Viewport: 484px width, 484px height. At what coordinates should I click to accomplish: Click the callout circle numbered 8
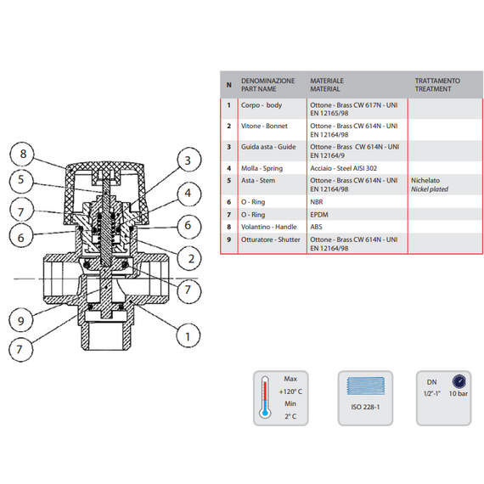click(x=23, y=154)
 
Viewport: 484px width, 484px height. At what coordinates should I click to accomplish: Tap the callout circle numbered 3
click(x=189, y=160)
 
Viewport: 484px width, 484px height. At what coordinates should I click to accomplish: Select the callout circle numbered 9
click(x=21, y=320)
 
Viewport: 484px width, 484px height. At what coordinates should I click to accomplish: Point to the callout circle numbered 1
click(x=188, y=336)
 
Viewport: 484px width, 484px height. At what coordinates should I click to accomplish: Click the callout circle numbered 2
click(x=189, y=259)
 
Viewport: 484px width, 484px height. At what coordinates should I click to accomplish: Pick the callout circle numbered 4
click(x=189, y=194)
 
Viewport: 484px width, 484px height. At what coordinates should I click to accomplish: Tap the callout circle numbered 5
click(x=21, y=180)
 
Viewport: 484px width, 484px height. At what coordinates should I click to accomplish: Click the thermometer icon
click(x=265, y=397)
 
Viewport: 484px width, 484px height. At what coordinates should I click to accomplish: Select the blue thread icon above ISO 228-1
click(x=366, y=386)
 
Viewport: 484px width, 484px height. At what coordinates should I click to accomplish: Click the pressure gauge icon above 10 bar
click(x=459, y=381)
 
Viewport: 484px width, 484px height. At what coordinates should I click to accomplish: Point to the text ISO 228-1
click(x=365, y=407)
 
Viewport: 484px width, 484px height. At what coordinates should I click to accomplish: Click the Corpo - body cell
click(x=262, y=105)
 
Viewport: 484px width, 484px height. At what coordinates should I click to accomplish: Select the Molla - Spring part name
click(x=262, y=168)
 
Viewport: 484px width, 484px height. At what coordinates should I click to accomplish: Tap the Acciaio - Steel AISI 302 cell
click(x=344, y=168)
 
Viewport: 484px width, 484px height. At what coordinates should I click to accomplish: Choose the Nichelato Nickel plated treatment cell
click(x=430, y=184)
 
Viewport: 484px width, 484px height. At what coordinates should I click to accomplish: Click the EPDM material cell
click(x=319, y=215)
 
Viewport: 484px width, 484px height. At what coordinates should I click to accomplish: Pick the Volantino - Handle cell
click(x=269, y=227)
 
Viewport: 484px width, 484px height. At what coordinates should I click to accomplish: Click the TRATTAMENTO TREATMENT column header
click(x=437, y=85)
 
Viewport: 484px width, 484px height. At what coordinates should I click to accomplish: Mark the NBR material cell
click(x=317, y=202)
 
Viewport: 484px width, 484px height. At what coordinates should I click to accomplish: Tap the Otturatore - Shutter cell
click(x=270, y=239)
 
